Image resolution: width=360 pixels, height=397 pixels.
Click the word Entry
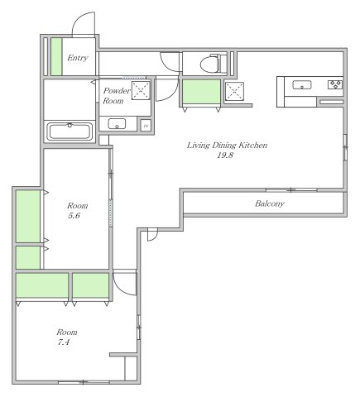[x=78, y=58]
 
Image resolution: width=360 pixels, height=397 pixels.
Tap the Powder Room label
[x=117, y=96]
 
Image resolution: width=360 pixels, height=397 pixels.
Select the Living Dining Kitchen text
[x=227, y=146]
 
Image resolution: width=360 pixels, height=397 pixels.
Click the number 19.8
[x=225, y=155]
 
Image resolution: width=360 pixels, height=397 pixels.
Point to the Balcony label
[x=269, y=203]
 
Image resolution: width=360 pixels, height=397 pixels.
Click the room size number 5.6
[x=74, y=216]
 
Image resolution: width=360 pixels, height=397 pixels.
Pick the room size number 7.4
[x=64, y=342]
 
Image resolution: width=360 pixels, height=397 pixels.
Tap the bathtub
[x=70, y=132]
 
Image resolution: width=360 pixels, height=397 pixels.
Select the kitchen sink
[x=302, y=85]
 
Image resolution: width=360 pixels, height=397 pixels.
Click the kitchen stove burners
[x=335, y=84]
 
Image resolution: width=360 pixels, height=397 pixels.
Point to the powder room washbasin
[x=117, y=124]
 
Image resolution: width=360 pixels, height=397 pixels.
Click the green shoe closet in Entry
[x=56, y=56]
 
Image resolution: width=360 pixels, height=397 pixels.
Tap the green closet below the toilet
[x=202, y=92]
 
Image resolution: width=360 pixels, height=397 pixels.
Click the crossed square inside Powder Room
[x=141, y=90]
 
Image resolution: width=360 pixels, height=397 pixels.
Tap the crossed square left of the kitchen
[x=234, y=91]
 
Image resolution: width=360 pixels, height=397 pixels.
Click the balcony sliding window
[x=291, y=190]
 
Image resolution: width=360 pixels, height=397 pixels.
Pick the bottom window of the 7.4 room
[x=84, y=382]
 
